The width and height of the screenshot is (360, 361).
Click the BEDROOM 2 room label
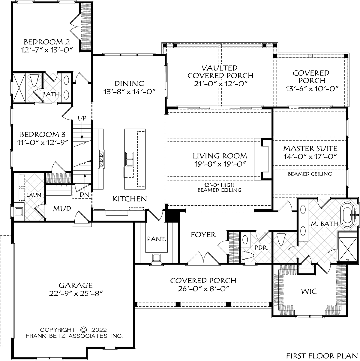pos(47,42)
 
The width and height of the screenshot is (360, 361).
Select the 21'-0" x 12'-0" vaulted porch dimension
pos(220,84)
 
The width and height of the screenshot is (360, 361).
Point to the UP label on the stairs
pos(82,118)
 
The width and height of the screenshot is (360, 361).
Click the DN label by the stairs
pos(84,195)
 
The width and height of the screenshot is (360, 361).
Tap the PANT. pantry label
pos(157,239)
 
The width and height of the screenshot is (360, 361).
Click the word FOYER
pos(203,234)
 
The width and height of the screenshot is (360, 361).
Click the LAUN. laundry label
pos(35,195)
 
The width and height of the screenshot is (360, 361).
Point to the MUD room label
pos(62,208)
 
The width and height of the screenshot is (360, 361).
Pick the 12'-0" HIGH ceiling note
pos(219,185)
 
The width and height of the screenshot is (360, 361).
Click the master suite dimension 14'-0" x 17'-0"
pos(310,157)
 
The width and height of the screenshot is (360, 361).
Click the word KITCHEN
pos(130,199)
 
